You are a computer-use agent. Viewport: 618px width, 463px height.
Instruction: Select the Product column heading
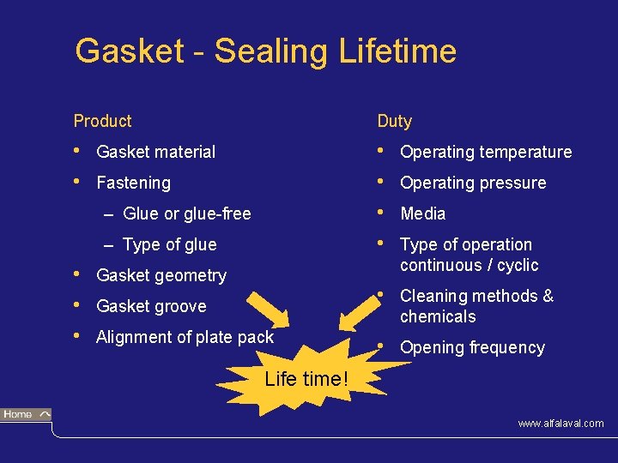tap(102, 121)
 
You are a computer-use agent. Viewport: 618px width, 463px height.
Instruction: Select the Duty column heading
tap(394, 121)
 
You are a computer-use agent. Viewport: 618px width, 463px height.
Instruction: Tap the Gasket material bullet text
tap(156, 152)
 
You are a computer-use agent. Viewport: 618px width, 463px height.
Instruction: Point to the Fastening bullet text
tap(133, 183)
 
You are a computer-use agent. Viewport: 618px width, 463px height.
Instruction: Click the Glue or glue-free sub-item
tap(187, 213)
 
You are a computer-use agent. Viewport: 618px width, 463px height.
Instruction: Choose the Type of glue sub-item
tap(170, 244)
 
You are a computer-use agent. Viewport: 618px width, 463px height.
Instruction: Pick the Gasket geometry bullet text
tap(161, 275)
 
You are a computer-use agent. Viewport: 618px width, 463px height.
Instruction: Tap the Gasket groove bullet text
tap(151, 306)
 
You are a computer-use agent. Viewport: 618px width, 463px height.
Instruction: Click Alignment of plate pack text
tap(185, 337)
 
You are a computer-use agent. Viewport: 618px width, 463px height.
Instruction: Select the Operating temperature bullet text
tap(486, 152)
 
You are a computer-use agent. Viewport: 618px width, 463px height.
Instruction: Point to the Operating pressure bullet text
tap(473, 183)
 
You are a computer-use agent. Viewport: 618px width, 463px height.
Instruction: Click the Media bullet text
tap(423, 213)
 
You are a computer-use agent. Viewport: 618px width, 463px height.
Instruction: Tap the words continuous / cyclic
tap(469, 265)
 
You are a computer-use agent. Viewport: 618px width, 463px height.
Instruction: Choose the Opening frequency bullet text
tap(472, 347)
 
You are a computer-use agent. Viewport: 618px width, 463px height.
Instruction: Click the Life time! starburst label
tap(306, 378)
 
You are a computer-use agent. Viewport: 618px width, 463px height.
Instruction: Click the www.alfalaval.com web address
tap(560, 424)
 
